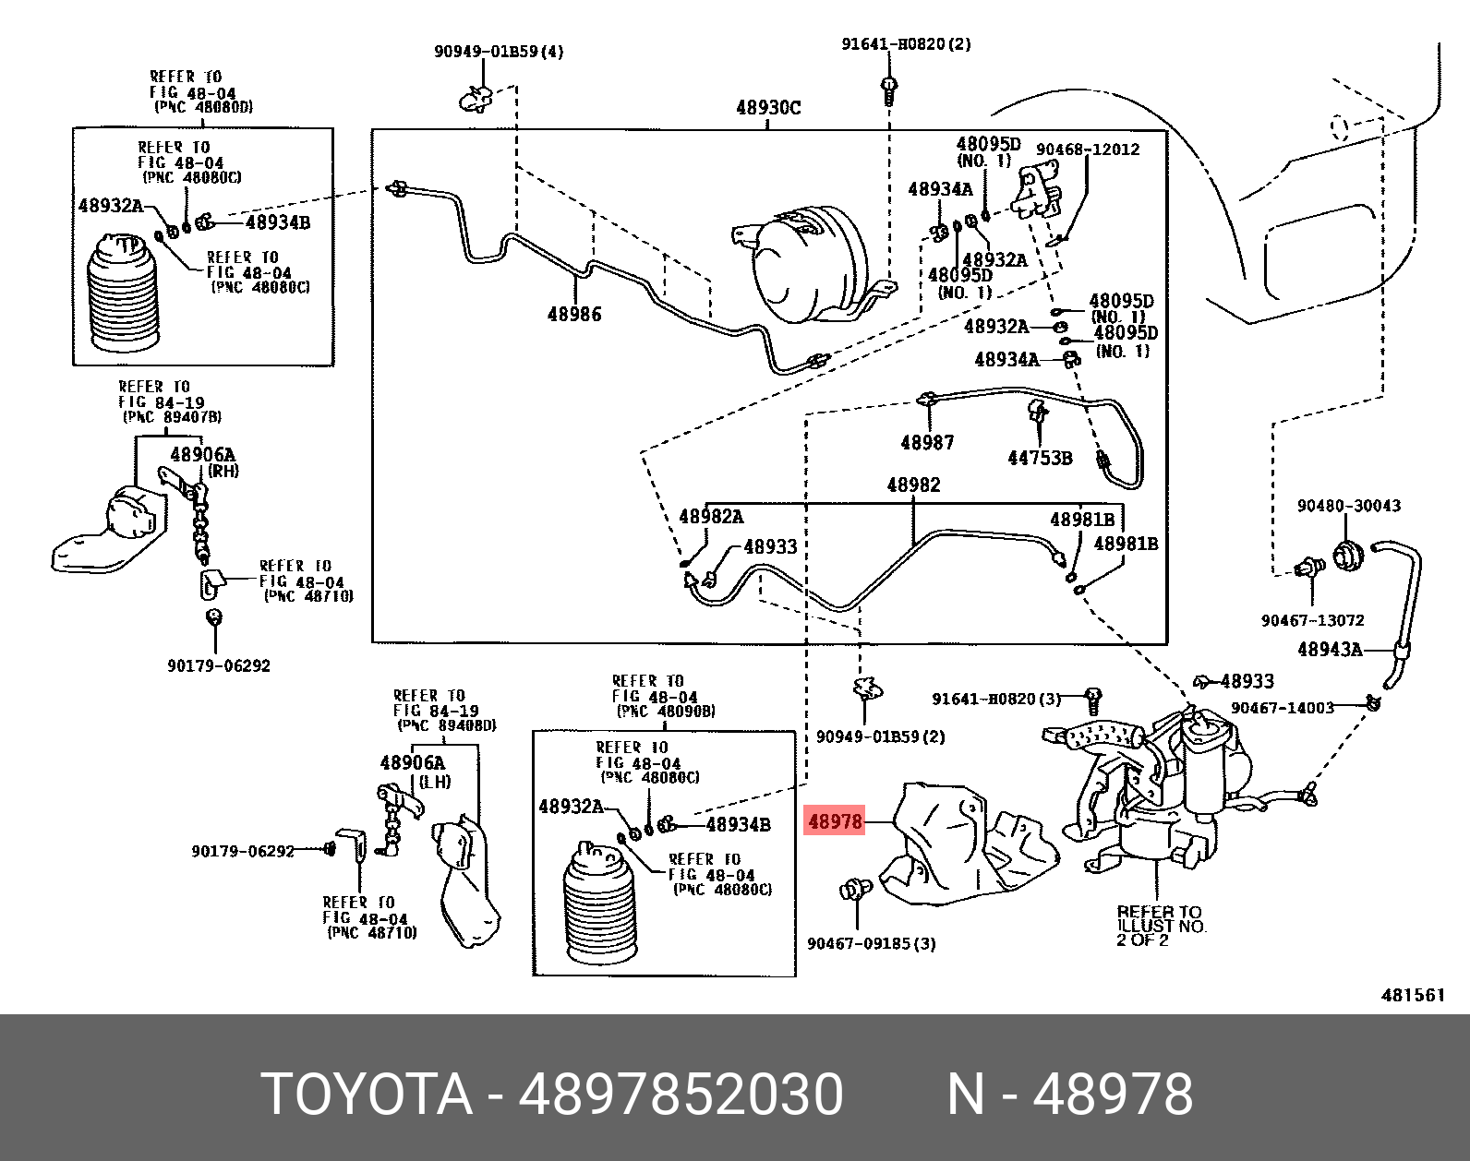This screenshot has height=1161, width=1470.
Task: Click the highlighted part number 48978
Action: [x=835, y=820]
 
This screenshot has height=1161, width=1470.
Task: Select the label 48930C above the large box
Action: [x=768, y=108]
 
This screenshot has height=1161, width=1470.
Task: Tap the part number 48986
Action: [x=573, y=315]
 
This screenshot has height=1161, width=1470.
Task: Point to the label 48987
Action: [x=926, y=443]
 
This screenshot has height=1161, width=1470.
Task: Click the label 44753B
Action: [x=1040, y=458]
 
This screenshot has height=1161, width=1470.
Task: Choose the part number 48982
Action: [x=913, y=485]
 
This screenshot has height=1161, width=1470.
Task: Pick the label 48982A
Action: [x=711, y=517]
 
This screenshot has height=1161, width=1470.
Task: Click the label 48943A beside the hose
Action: [x=1330, y=650]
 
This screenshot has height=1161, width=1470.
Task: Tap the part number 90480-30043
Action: [x=1348, y=506]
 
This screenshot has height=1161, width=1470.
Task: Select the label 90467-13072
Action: [x=1312, y=621]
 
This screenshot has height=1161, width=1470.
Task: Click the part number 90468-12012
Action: [x=1088, y=150]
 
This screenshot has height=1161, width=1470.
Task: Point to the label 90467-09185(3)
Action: [x=871, y=943]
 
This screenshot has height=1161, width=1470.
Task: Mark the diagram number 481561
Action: [x=1412, y=995]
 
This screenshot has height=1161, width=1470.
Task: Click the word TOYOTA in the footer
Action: [x=367, y=1095]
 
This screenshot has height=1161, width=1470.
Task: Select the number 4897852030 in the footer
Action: [x=681, y=1095]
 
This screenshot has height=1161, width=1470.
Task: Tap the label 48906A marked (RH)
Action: [x=202, y=454]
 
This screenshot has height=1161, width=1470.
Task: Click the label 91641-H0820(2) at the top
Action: [x=906, y=43]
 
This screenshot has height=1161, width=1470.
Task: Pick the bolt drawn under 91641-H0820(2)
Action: [x=889, y=90]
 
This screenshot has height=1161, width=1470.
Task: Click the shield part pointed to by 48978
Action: [x=960, y=844]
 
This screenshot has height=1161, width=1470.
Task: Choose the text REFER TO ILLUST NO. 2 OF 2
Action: [x=1160, y=926]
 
